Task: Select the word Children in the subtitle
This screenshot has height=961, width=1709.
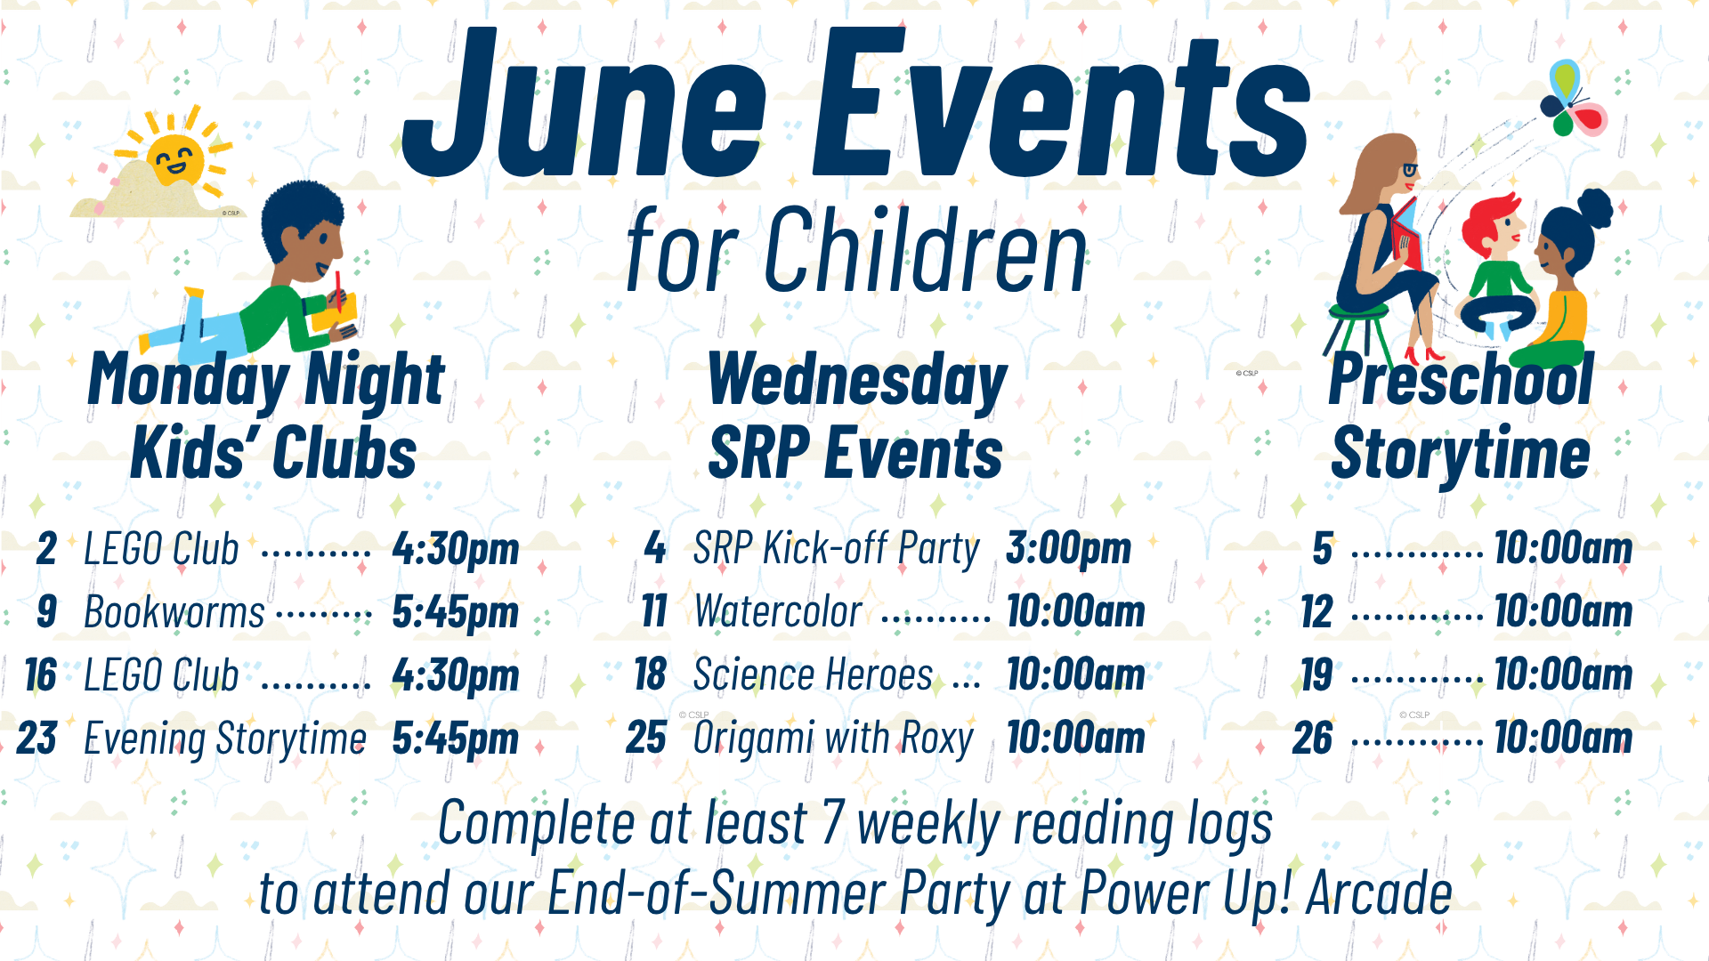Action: click(x=926, y=250)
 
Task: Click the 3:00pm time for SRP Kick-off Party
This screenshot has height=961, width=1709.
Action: click(x=1069, y=548)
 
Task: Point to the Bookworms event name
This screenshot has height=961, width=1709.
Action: click(x=174, y=612)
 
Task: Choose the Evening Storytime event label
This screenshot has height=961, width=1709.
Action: click(x=225, y=739)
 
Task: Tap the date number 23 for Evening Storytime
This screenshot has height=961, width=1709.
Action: click(x=37, y=739)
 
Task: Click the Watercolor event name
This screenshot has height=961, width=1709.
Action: click(x=778, y=612)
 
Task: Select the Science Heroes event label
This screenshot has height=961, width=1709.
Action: click(x=813, y=674)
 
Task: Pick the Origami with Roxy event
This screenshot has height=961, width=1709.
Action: click(x=833, y=739)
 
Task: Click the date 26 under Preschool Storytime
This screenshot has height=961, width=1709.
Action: click(x=1313, y=739)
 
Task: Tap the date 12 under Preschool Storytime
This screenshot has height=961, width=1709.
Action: click(x=1316, y=612)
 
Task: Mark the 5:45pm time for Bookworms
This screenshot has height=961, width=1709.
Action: click(x=456, y=612)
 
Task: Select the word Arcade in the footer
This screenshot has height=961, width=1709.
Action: click(x=1379, y=893)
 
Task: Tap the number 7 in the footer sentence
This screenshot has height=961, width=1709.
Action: click(x=833, y=822)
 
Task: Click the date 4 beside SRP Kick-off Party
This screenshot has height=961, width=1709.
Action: click(x=655, y=548)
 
